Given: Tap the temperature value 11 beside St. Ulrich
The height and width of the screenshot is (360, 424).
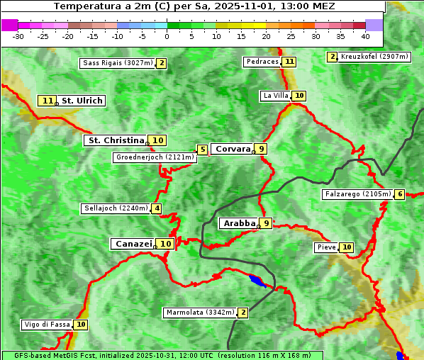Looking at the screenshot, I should [x=47, y=101].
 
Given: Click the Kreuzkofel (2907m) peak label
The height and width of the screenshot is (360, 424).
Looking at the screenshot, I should [x=374, y=57].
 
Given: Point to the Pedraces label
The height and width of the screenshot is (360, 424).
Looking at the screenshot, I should [x=262, y=62].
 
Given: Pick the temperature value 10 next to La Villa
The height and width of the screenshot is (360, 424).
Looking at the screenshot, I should [x=299, y=96].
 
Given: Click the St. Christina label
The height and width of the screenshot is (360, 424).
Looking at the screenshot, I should [x=115, y=140].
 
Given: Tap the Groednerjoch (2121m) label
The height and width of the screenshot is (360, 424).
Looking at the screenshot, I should [x=155, y=157].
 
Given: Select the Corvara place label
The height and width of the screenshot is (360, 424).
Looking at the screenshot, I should [x=233, y=149].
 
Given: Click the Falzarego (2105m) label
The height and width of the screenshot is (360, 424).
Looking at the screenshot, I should [x=357, y=194].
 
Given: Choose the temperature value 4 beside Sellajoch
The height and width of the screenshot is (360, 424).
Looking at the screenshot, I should [x=156, y=208].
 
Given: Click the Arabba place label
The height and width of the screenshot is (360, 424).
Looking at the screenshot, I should [x=239, y=223].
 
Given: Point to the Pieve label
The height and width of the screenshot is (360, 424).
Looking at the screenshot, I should [x=326, y=247].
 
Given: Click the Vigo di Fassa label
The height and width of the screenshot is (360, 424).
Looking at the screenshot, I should [x=48, y=325].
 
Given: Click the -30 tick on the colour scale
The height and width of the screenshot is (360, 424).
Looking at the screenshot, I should [x=18, y=35].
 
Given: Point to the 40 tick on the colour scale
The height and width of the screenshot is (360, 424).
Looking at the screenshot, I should [x=365, y=35].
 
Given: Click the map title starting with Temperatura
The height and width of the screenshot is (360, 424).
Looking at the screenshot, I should [x=194, y=6].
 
